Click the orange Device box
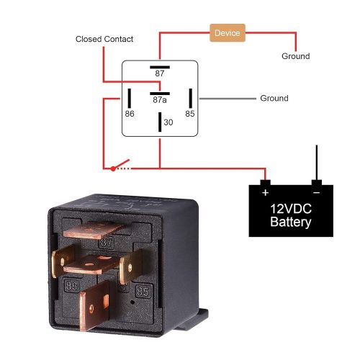(227, 33)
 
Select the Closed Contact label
(104, 39)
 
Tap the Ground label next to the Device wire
(295, 56)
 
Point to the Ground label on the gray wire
(274, 98)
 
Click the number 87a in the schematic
(160, 101)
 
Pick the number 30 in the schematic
(168, 122)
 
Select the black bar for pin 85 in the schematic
(190, 98)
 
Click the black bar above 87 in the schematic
(160, 65)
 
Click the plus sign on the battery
(266, 193)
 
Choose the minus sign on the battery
(315, 193)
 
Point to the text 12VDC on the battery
(291, 208)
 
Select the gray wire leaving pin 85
(223, 98)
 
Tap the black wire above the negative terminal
(315, 163)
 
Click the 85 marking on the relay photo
(143, 292)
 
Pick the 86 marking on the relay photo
(72, 286)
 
